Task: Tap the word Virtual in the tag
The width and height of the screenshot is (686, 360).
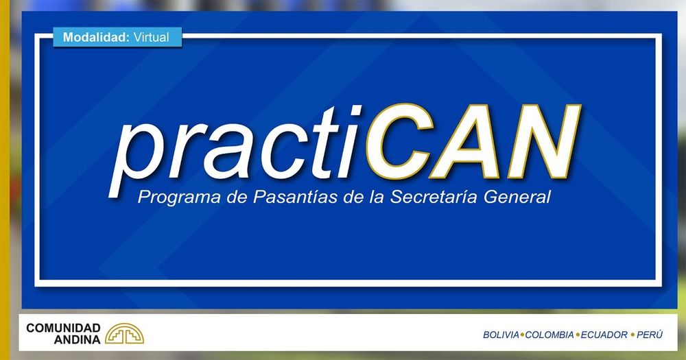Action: (x=152, y=37)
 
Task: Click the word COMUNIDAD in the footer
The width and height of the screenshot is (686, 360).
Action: (x=63, y=328)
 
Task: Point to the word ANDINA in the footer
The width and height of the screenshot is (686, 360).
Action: (x=77, y=339)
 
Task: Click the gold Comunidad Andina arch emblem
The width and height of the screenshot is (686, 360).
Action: (x=124, y=334)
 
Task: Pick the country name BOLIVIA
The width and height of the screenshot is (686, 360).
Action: (x=501, y=335)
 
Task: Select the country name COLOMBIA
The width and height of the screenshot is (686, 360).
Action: (x=549, y=335)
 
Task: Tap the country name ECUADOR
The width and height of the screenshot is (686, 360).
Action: (x=604, y=335)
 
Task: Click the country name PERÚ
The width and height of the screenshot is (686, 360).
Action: (x=650, y=335)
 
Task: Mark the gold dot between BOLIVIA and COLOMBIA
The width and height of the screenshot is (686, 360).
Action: (x=522, y=335)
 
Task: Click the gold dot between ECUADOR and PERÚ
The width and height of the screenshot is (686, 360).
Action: (x=632, y=335)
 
